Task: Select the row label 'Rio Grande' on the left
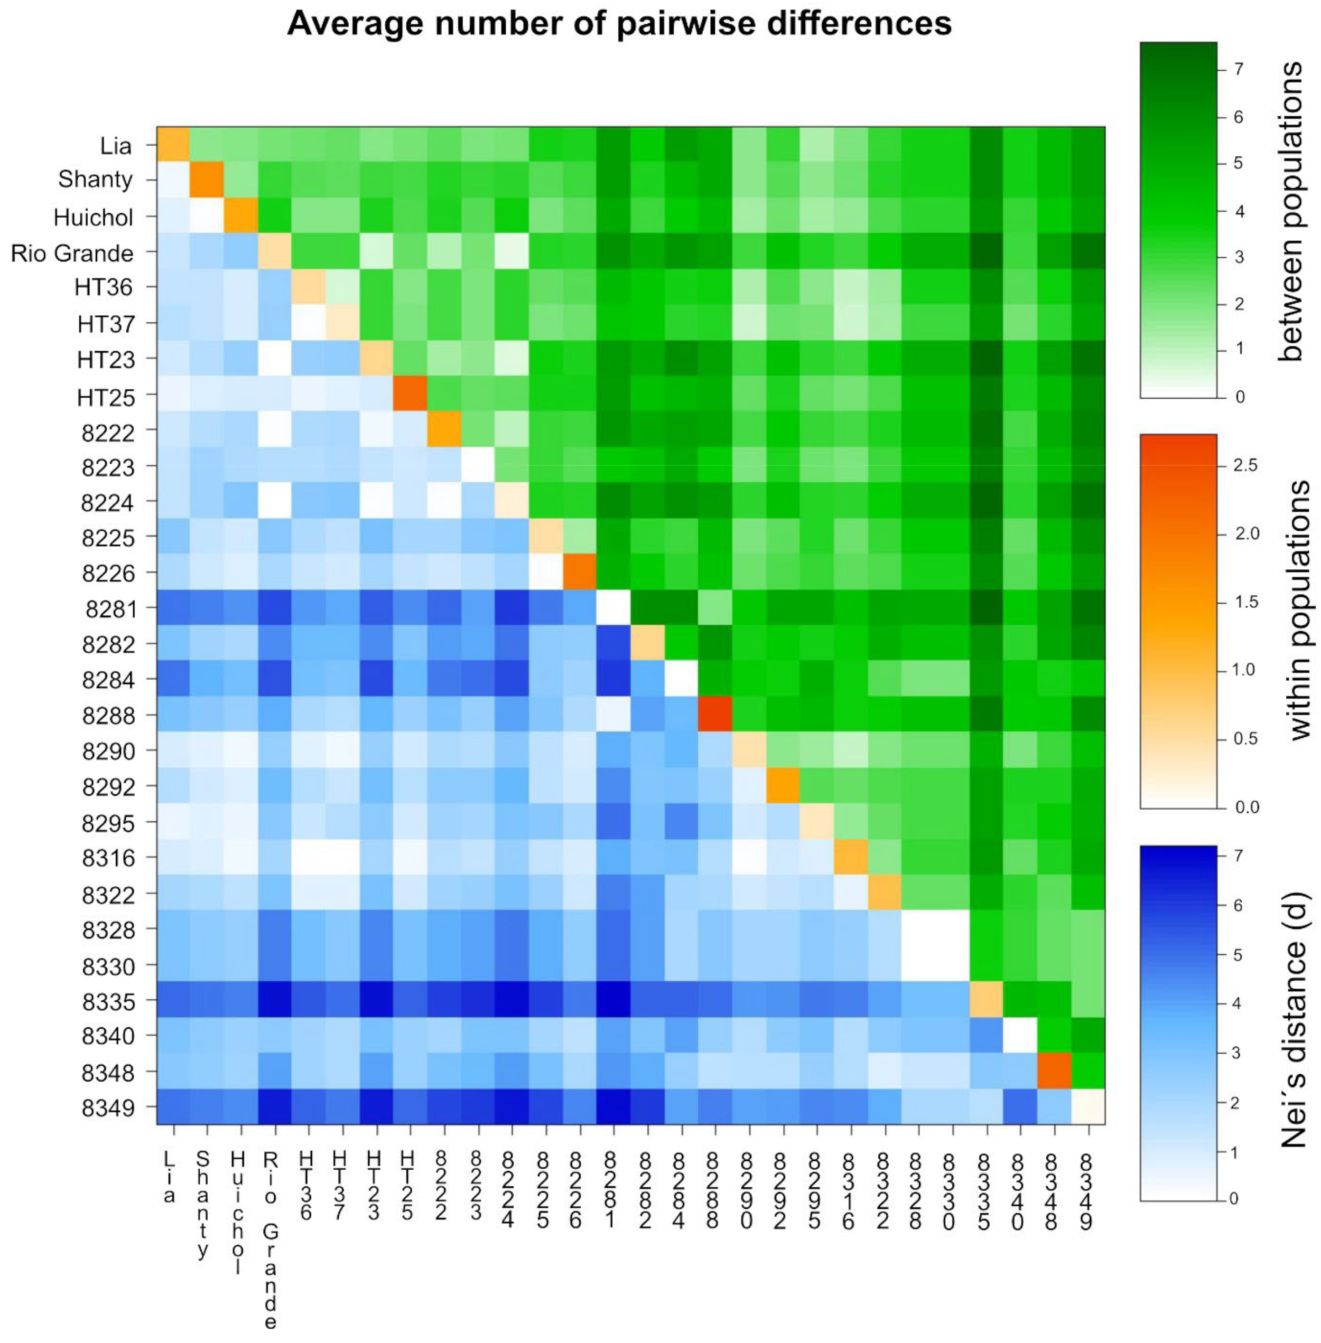(x=72, y=254)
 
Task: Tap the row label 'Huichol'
(x=93, y=218)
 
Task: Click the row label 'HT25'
(x=106, y=397)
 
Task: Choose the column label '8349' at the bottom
(x=1086, y=1191)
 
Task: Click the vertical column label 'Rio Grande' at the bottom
(x=271, y=1241)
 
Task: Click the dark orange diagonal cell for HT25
(x=411, y=395)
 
